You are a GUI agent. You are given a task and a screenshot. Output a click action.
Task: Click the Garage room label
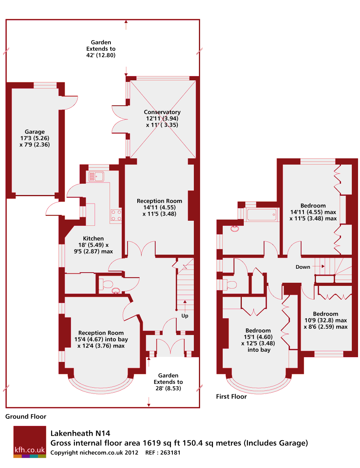35,132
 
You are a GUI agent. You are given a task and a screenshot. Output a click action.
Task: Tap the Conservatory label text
162,112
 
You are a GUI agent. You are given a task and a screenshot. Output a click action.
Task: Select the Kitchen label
93,239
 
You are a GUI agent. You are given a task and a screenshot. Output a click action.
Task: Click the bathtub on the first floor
262,215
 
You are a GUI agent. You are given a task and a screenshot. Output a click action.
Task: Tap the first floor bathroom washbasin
235,229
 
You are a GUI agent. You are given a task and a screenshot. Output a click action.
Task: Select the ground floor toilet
106,284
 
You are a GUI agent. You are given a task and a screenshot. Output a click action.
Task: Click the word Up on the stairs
185,316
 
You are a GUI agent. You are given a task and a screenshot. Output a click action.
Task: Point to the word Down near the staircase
303,267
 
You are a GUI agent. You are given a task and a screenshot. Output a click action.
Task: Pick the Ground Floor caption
26,417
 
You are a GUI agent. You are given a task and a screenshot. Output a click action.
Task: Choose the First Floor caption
231,397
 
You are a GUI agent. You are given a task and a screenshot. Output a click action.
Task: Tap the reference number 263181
167,453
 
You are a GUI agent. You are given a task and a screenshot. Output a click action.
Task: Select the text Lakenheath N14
80,433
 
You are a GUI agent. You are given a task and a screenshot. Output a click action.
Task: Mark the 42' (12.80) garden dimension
101,55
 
